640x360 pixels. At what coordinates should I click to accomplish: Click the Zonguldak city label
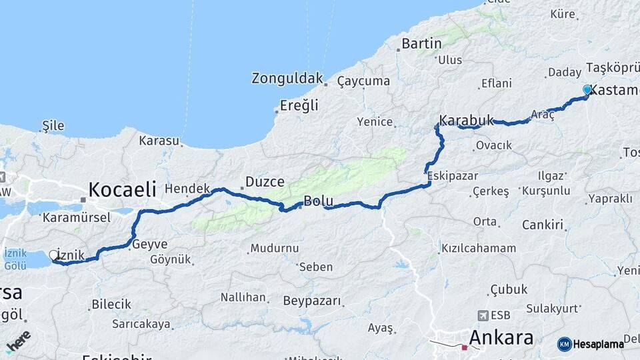coord(287,79)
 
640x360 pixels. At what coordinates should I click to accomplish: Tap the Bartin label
coord(422,44)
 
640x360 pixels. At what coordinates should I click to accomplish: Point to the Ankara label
coord(501,337)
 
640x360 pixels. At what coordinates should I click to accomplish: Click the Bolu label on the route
coord(318,201)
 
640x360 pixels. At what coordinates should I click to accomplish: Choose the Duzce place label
coord(265,181)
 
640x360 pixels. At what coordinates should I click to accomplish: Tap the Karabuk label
coord(467,121)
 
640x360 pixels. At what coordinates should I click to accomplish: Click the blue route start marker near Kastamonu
coord(587,89)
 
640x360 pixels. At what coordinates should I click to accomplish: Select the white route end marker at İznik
coord(53,255)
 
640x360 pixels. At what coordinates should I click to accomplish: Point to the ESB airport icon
coord(483,315)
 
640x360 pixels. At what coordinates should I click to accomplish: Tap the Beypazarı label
coord(313,301)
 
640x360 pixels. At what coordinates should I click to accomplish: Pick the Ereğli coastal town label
coord(299,105)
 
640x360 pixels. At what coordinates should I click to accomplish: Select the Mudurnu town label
coord(274,249)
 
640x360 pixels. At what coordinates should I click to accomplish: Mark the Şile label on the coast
coord(53,125)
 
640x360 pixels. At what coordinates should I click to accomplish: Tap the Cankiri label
coord(543,225)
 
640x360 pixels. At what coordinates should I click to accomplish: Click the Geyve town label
coord(150,244)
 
